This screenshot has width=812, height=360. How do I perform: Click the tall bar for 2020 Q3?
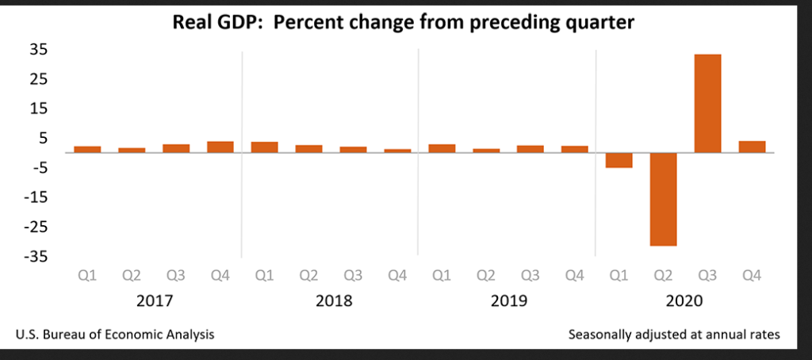pyautogui.click(x=707, y=103)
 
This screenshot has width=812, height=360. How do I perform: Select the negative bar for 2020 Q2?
pyautogui.click(x=663, y=199)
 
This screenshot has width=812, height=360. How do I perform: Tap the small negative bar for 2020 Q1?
pyautogui.click(x=619, y=160)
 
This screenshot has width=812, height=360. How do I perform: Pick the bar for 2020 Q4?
pyautogui.click(x=752, y=147)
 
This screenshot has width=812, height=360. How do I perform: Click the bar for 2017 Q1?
pyautogui.click(x=87, y=149)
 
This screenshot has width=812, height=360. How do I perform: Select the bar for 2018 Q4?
pyautogui.click(x=397, y=151)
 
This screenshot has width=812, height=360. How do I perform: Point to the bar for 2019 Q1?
pyautogui.click(x=442, y=148)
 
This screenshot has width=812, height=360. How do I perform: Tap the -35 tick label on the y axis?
pyautogui.click(x=36, y=257)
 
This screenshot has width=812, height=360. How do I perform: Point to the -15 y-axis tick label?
pyautogui.click(x=36, y=197)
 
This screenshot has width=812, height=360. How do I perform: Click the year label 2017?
pyautogui.click(x=154, y=302)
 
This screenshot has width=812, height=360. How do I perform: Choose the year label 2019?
pyautogui.click(x=508, y=302)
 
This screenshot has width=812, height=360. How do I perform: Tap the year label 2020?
pyautogui.click(x=685, y=302)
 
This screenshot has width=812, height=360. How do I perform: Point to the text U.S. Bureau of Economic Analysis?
pyautogui.click(x=115, y=335)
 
